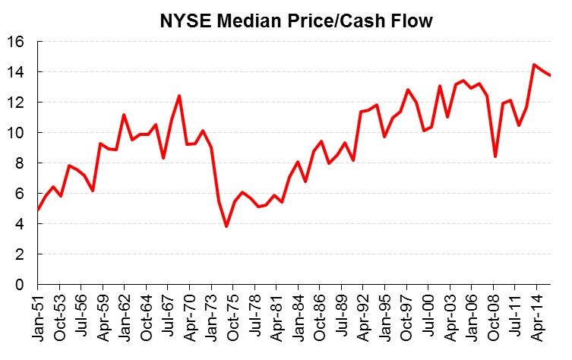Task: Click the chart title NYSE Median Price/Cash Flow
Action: tap(296, 21)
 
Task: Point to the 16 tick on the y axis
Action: tap(16, 42)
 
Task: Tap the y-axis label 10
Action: tap(16, 132)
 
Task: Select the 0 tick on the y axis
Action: tap(20, 284)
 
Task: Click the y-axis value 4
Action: tap(20, 223)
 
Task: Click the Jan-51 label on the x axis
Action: tap(38, 317)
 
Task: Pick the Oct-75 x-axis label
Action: tap(233, 317)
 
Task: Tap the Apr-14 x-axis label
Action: tap(537, 317)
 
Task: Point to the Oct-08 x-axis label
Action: tap(494, 317)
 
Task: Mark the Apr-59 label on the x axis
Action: tap(103, 317)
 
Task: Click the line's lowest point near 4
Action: tap(226, 226)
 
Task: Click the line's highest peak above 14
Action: tap(534, 65)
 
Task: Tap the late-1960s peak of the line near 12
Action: tap(179, 96)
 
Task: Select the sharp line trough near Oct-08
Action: tap(495, 156)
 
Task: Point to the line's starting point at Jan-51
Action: tap(38, 210)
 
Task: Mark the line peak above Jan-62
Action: tap(124, 115)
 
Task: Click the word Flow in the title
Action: tap(412, 21)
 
